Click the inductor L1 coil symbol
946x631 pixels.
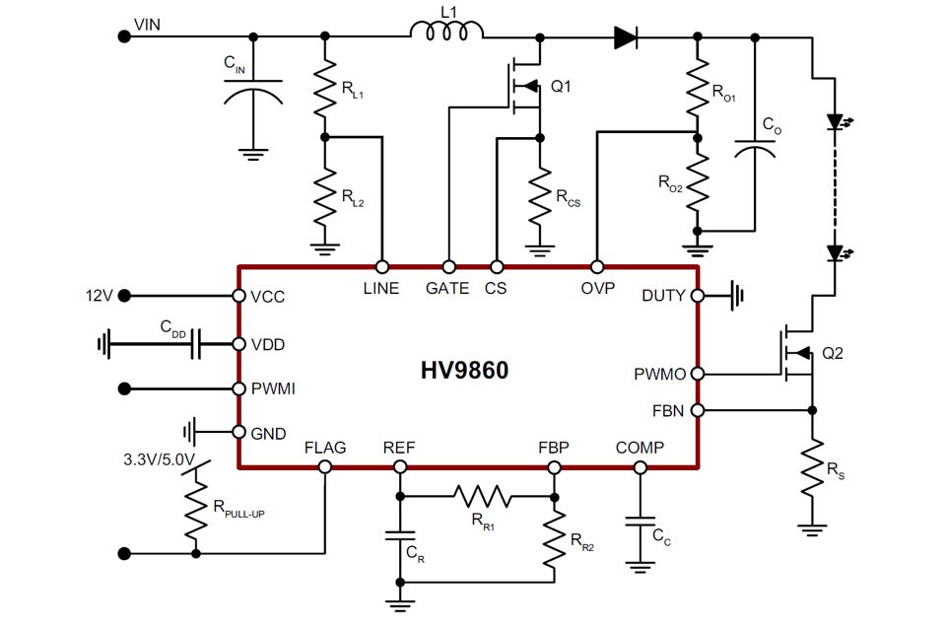(x=446, y=35)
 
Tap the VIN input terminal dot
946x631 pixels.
(x=124, y=36)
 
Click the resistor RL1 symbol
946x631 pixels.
(x=325, y=88)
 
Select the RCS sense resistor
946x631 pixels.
(x=539, y=196)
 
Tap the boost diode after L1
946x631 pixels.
(x=626, y=37)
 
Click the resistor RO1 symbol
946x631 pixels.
(x=697, y=87)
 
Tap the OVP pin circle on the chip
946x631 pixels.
(x=596, y=267)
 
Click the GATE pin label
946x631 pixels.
(x=447, y=289)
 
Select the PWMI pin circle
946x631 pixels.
(x=238, y=388)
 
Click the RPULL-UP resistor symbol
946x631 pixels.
(x=196, y=509)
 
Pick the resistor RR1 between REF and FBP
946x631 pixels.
(x=482, y=496)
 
